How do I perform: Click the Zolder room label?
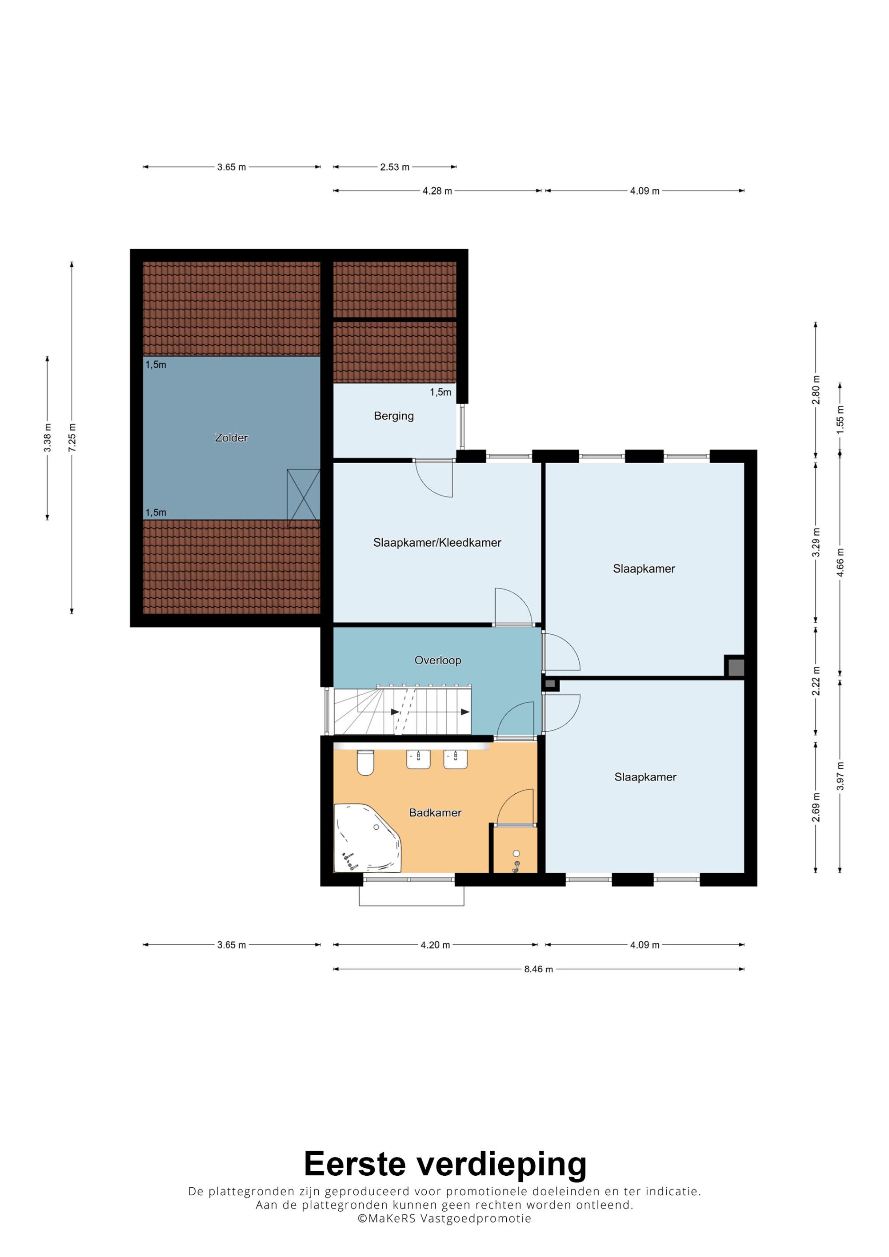(231, 438)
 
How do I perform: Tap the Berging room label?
(394, 416)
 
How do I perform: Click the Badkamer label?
(435, 812)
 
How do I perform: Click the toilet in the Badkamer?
(365, 763)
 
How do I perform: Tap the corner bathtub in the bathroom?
(367, 838)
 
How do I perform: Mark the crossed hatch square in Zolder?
(304, 498)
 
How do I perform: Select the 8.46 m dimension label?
(538, 969)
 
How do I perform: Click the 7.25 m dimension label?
(72, 438)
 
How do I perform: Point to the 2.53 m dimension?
(395, 167)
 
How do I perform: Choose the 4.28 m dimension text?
(437, 191)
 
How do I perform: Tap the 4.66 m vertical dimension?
(840, 562)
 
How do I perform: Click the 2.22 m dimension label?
(816, 681)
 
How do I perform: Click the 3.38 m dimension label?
(48, 438)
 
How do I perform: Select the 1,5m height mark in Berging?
(440, 392)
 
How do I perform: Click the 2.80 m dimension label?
(816, 390)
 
